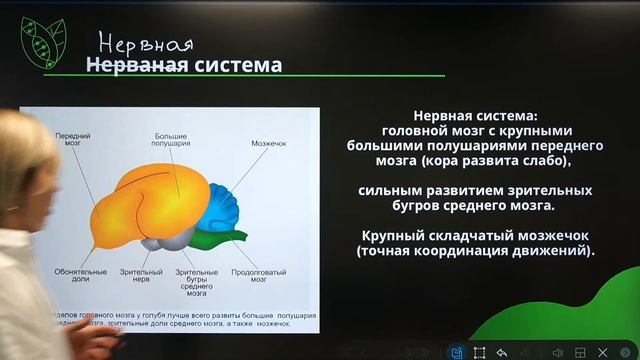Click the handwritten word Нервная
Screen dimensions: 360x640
pos(145,44)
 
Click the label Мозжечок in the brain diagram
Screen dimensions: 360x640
pos(268,143)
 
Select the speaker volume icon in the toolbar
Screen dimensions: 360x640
pos(557,352)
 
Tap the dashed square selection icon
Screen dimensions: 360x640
pos(480,352)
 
